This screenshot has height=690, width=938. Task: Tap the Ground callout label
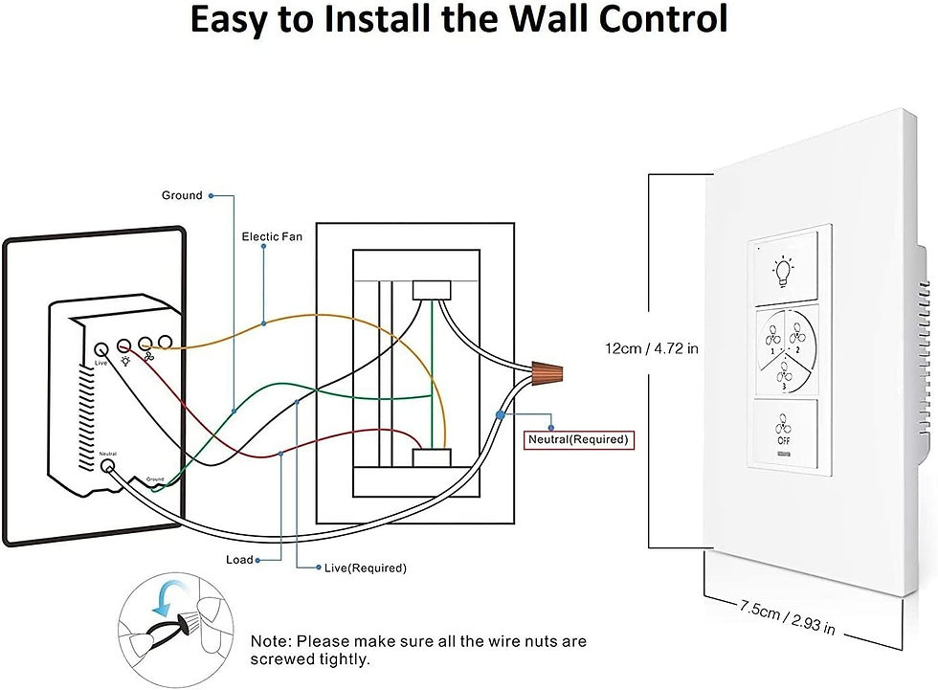[182, 195]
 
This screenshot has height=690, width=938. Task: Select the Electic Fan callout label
[272, 236]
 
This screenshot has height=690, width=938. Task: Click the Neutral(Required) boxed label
[578, 439]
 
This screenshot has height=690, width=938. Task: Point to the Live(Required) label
[366, 568]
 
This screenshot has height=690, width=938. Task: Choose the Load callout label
[240, 560]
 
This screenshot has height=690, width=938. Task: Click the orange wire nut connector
[547, 372]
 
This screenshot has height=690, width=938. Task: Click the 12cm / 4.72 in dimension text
[652, 348]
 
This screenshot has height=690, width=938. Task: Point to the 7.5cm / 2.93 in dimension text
[787, 617]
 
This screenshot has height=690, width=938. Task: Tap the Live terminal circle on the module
[101, 349]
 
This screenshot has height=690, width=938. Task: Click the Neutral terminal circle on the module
[107, 466]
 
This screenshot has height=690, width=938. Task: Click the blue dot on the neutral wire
[500, 415]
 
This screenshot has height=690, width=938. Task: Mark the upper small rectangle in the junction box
[432, 291]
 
